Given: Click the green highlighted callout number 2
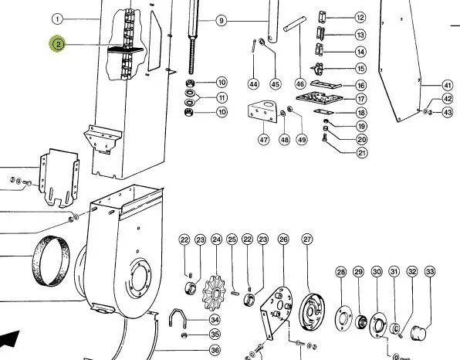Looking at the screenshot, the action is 58,44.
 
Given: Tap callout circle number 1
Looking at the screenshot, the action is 57,19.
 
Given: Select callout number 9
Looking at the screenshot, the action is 222,21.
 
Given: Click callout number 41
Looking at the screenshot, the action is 447,86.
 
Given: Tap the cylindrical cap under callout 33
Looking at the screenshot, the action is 418,333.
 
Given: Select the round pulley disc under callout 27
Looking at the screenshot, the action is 312,312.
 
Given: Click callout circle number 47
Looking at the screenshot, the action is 263,139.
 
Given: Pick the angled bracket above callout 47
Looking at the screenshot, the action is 263,112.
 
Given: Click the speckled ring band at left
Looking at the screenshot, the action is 51,261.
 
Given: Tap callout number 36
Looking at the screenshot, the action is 215,350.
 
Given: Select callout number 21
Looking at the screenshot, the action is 361,153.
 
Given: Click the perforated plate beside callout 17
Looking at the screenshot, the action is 320,97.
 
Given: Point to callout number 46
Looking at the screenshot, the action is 299,84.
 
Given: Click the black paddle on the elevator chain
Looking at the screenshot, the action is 126,49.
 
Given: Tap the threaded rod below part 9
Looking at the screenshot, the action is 192,56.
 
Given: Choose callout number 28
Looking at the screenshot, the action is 341,272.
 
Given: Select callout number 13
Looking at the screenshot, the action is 360,35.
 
